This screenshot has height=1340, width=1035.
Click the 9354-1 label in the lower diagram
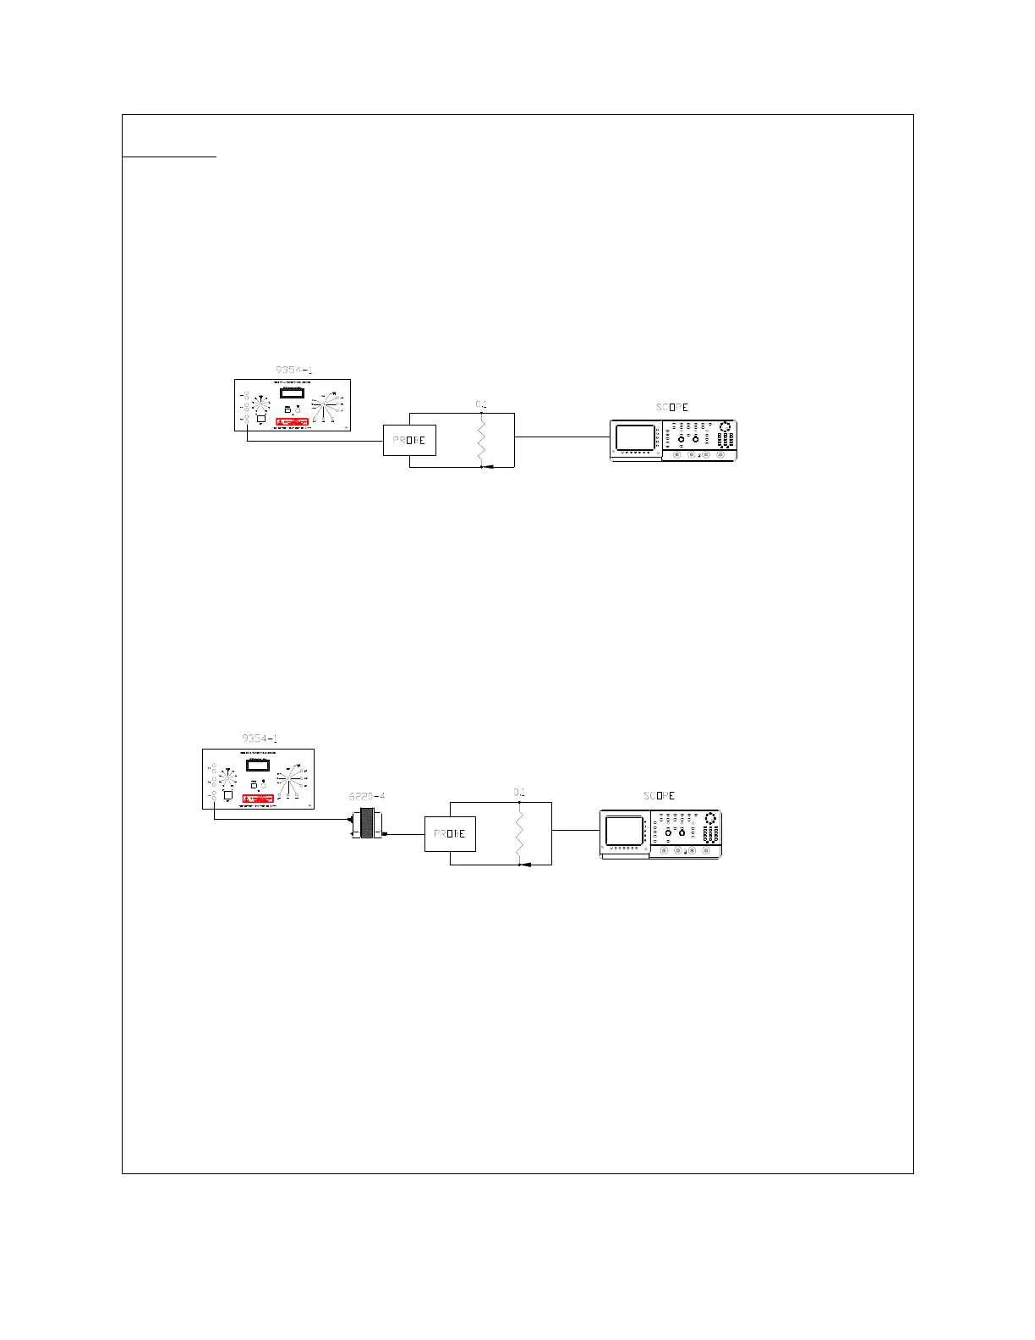[x=260, y=739]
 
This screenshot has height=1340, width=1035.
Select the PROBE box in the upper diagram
[x=409, y=440]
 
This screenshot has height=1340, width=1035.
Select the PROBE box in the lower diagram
[x=450, y=834]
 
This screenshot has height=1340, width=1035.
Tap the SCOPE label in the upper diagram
[x=672, y=407]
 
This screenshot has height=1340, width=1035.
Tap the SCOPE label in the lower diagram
[x=660, y=796]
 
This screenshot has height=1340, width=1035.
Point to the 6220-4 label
[x=367, y=796]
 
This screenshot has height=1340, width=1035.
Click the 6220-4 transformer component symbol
[x=367, y=824]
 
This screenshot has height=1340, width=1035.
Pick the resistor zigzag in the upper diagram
[x=480, y=440]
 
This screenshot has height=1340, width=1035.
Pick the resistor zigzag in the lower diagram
[x=519, y=833]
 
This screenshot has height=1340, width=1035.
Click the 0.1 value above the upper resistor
[x=480, y=404]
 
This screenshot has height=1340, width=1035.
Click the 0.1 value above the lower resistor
[x=519, y=793]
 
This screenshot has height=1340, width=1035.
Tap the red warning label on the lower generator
[x=259, y=799]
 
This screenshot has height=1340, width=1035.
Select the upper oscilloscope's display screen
[x=637, y=437]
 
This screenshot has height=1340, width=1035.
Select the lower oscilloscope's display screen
[x=624, y=831]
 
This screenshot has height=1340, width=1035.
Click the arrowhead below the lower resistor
[x=523, y=865]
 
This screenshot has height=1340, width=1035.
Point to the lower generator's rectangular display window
[x=258, y=764]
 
